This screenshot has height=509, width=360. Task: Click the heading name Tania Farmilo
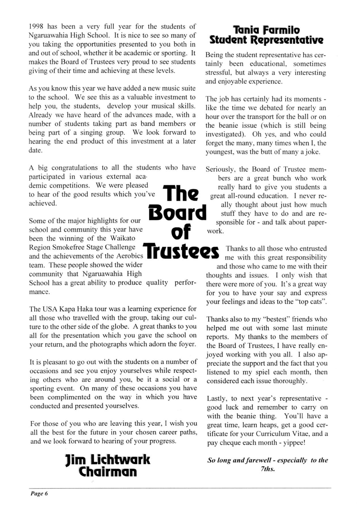coord(266,30)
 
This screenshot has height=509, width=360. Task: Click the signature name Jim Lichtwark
coord(108,460)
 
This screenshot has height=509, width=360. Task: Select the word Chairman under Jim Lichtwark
coord(108,471)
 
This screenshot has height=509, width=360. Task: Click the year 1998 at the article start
coord(36,27)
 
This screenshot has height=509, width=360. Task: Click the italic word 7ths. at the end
coord(267,469)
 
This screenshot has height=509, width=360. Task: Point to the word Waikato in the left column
coord(123,238)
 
